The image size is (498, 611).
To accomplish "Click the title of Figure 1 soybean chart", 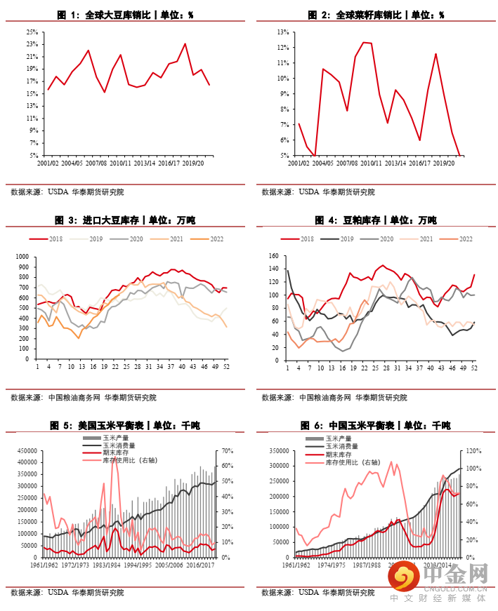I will click(124, 15).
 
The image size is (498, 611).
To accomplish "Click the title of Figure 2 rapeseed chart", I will click(375, 15).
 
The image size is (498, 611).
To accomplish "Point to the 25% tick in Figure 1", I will click(32, 32).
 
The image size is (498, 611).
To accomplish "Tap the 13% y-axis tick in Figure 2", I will click(284, 32).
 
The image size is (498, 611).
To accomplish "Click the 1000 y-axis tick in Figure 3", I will click(22, 257).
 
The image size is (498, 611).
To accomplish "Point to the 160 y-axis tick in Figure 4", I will click(275, 257).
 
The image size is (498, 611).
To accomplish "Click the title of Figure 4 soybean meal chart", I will click(375, 220).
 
